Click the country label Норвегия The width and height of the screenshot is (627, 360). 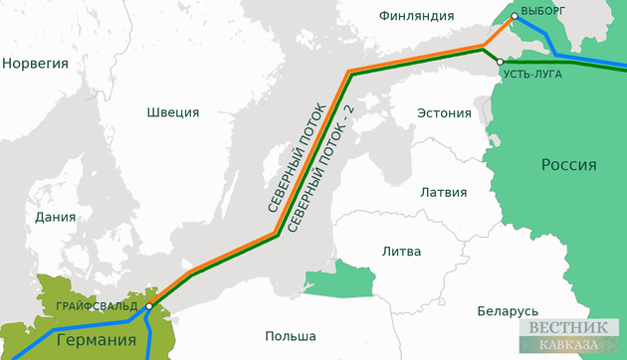coord(35,63)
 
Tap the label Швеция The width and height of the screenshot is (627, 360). coord(172,112)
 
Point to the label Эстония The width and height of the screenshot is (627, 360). coord(443,112)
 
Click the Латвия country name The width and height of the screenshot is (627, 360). coord(443,191)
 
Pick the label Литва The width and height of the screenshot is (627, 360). coord(401,252)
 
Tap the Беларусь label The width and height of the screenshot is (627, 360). coord(507,312)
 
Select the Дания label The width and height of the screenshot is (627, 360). coord(55,216)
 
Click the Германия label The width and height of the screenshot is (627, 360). coord(97,342)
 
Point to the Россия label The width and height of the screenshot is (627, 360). coord(568,164)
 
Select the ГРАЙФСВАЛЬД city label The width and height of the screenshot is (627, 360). coord(98,305)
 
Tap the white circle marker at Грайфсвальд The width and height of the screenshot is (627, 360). coord(148,307)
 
